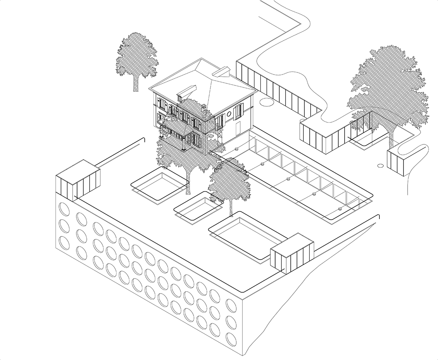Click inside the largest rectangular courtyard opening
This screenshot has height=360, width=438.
coord(248,234)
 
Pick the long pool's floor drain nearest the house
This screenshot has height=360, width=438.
coord(262,163)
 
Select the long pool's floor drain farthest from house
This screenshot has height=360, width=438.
coord(340,209)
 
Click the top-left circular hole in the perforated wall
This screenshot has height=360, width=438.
coord(64,209)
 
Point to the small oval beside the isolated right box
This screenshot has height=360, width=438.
coord(380,165)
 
